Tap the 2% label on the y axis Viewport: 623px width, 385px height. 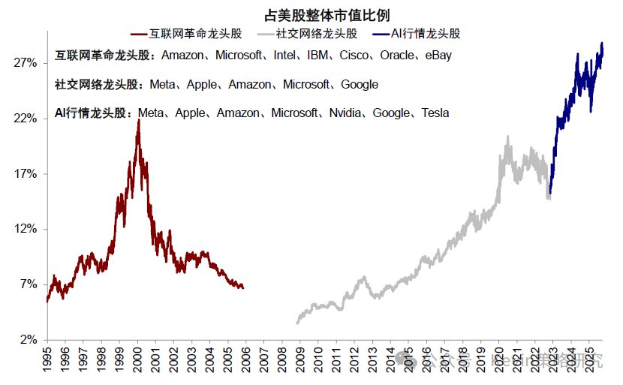[x=28, y=339]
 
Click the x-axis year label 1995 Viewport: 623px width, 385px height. [x=47, y=358]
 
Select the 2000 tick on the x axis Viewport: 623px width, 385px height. [x=138, y=358]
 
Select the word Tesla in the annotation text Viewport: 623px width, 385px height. [x=435, y=113]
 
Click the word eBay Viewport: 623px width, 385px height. [x=438, y=56]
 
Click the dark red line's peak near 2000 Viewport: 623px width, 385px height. [x=138, y=120]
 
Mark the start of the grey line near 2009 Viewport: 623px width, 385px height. [x=297, y=323]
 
